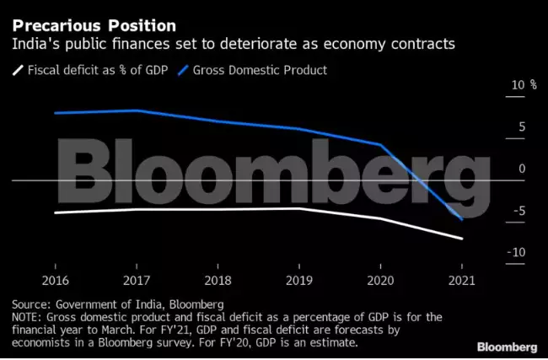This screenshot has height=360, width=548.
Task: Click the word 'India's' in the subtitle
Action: coord(33,44)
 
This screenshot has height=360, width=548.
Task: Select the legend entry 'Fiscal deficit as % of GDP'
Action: coord(95,70)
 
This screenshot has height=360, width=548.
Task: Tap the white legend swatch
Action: coord(17,70)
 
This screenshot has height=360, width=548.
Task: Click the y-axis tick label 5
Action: coord(522,127)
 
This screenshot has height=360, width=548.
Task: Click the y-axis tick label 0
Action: coord(522,169)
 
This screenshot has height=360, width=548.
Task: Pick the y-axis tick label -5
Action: coord(518,211)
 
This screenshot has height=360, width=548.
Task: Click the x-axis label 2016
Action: coord(55,280)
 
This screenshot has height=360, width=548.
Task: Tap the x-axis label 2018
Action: coord(218,280)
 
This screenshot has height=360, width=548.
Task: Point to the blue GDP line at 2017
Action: coord(137,110)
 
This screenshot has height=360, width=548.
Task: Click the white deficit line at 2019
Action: coord(299,208)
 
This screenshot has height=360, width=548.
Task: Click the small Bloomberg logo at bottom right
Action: coord(507,347)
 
